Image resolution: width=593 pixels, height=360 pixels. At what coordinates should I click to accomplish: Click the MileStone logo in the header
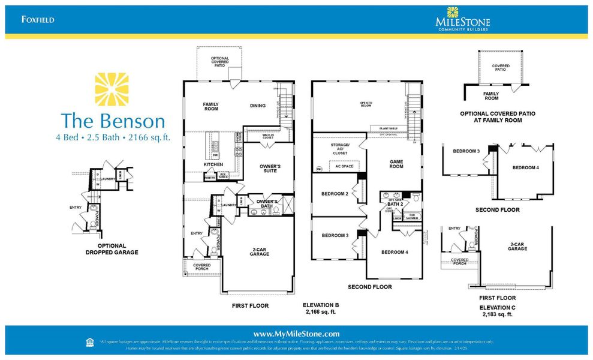(x=462, y=19)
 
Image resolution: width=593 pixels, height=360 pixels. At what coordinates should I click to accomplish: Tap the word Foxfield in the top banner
(x=38, y=19)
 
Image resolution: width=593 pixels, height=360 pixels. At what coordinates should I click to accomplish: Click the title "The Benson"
(x=113, y=121)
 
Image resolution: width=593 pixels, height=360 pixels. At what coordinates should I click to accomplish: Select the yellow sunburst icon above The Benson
(x=112, y=89)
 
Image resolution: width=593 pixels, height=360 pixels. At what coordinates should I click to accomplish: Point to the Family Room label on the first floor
(x=210, y=107)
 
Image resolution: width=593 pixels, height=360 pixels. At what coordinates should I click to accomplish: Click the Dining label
(x=257, y=106)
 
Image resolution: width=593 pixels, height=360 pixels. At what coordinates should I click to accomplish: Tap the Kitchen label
(x=213, y=164)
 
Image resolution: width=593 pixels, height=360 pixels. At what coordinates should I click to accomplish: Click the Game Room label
(x=396, y=164)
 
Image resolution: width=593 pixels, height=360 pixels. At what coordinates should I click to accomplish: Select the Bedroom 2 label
(x=334, y=194)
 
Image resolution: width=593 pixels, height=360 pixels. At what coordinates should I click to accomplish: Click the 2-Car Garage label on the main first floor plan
(x=260, y=252)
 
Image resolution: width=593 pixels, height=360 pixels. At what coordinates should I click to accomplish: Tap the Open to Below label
(x=366, y=104)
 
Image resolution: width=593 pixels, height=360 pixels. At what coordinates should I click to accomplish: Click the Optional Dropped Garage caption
(x=112, y=249)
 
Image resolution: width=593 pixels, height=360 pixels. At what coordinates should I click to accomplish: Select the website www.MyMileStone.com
(x=296, y=334)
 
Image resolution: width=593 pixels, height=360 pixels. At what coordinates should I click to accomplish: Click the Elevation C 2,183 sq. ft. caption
(x=497, y=311)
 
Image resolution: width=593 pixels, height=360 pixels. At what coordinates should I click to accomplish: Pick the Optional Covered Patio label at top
(x=219, y=61)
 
